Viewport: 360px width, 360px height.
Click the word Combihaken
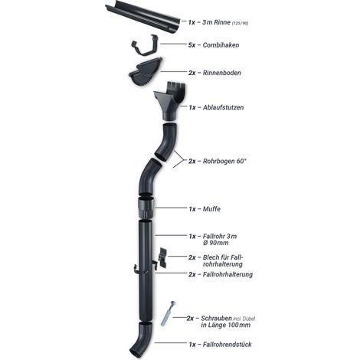tap(221, 45)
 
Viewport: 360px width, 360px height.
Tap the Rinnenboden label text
tap(221, 73)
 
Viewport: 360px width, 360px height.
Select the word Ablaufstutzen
tap(223, 107)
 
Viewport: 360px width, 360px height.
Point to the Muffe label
tap(211, 209)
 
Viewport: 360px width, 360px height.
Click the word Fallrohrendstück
tap(227, 345)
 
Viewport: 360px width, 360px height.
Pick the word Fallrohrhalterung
tap(227, 274)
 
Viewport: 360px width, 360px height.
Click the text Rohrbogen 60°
tap(224, 161)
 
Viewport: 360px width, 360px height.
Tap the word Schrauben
tap(217, 319)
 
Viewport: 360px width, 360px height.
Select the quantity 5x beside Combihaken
tap(191, 45)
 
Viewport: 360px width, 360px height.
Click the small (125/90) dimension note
tap(240, 23)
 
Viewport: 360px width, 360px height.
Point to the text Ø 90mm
tap(216, 243)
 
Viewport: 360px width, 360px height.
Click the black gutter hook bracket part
tap(145, 45)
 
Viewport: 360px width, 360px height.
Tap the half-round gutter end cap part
tap(146, 72)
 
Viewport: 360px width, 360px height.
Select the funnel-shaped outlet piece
tap(170, 101)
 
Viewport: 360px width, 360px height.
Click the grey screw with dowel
tap(168, 314)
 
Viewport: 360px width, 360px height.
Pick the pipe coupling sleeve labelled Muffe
tap(146, 208)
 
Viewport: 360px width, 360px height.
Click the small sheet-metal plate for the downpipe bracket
tap(163, 257)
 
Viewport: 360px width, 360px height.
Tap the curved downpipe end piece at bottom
tap(141, 339)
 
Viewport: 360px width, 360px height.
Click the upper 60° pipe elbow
tap(166, 142)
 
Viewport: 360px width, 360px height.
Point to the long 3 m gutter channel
tap(143, 20)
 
